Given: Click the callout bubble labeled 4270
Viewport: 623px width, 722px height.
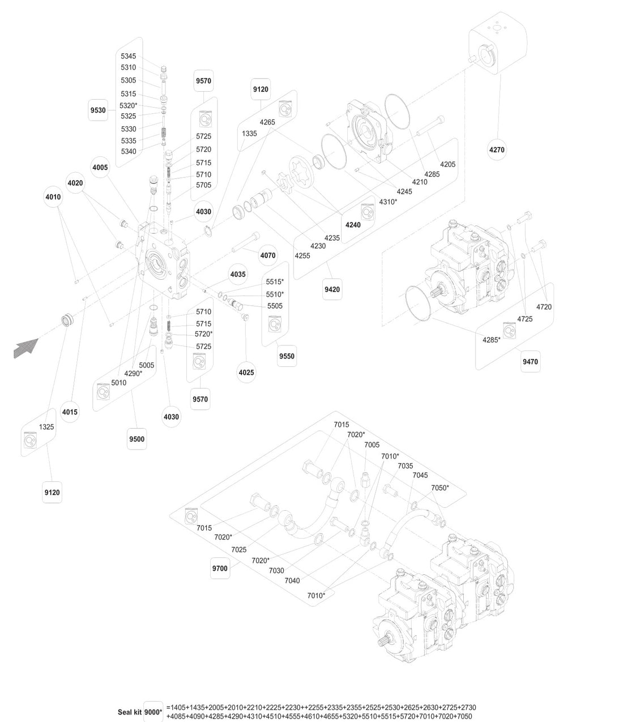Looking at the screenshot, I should [497, 150].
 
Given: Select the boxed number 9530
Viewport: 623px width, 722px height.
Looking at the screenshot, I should [98, 110].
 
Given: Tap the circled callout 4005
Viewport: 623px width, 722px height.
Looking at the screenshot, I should [100, 168].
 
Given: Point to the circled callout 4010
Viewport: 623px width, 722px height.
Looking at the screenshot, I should [53, 197].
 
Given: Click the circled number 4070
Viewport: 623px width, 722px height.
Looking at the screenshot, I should [268, 255].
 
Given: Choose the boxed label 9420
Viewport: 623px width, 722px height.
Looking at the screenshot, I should [332, 289].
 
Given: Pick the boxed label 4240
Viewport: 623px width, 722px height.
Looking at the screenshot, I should [353, 225].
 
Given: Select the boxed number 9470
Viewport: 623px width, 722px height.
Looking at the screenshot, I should [530, 361].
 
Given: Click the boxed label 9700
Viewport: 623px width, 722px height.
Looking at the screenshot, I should [219, 568].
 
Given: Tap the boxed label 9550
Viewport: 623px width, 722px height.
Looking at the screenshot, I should [287, 356].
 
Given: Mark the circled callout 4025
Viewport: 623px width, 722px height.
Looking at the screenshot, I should [246, 373].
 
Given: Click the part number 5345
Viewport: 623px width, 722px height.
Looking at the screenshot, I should [128, 56].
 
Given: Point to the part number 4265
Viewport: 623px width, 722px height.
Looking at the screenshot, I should [267, 122].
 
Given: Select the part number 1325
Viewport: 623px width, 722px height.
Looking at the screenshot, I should [46, 426].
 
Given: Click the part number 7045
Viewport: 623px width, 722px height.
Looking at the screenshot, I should [420, 475].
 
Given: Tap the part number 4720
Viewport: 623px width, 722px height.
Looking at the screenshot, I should [543, 307].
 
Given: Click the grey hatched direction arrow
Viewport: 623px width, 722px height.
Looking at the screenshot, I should [25, 347].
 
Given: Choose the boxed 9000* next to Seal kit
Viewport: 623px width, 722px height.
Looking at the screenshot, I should [153, 712].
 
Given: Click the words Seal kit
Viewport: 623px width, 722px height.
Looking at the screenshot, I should [129, 712].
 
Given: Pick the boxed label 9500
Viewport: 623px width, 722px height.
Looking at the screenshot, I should [136, 439].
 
